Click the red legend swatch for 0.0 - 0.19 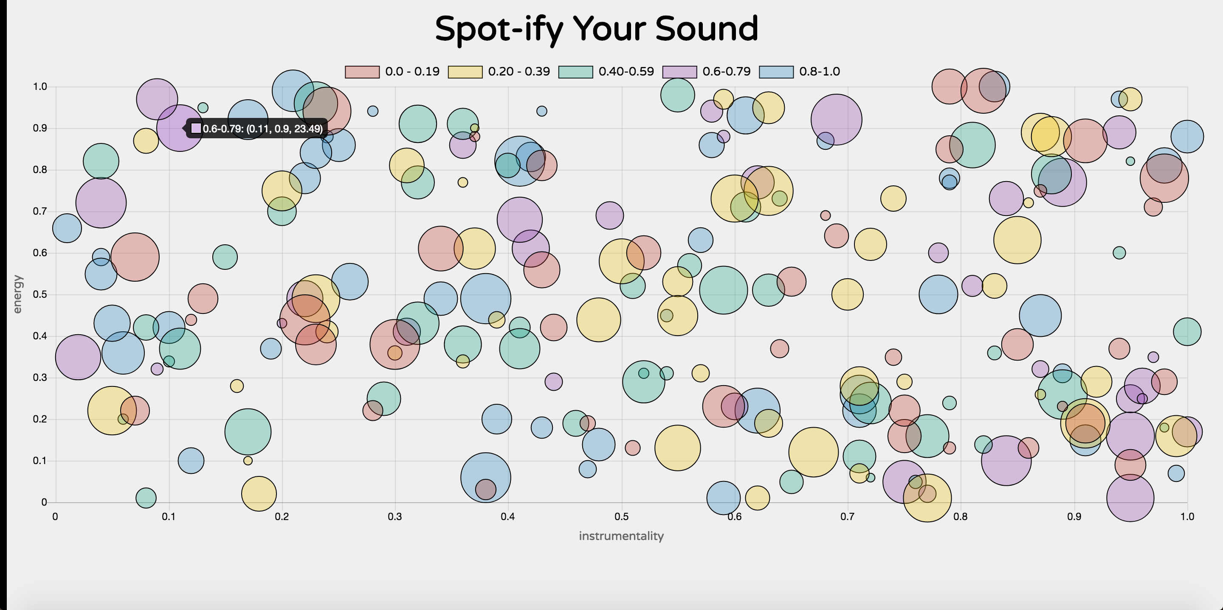pyautogui.click(x=362, y=72)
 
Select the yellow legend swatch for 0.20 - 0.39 pyautogui.click(x=465, y=72)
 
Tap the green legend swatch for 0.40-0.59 pyautogui.click(x=575, y=72)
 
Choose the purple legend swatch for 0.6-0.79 pyautogui.click(x=679, y=72)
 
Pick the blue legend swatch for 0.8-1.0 pyautogui.click(x=776, y=72)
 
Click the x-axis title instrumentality pyautogui.click(x=621, y=536)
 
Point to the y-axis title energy pyautogui.click(x=17, y=294)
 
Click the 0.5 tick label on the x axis pyautogui.click(x=621, y=517)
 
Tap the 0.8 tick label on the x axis pyautogui.click(x=961, y=517)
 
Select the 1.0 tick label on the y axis pyautogui.click(x=40, y=87)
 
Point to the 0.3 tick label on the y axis pyautogui.click(x=40, y=378)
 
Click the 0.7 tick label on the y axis pyautogui.click(x=40, y=211)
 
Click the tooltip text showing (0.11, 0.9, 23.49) pyautogui.click(x=262, y=129)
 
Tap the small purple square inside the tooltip pyautogui.click(x=196, y=129)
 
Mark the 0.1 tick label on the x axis pyautogui.click(x=169, y=517)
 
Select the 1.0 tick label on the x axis pyautogui.click(x=1187, y=517)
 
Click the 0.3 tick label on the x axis pyautogui.click(x=395, y=517)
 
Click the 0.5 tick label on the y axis pyautogui.click(x=40, y=294)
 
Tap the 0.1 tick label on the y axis pyautogui.click(x=40, y=461)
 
